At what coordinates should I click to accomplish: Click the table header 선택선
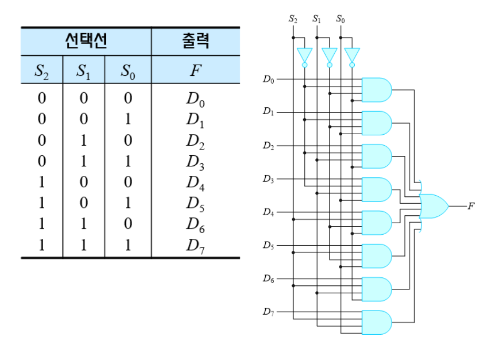86,41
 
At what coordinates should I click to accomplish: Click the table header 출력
195,41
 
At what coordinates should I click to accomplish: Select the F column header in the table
195,70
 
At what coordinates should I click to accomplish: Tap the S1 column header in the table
84,71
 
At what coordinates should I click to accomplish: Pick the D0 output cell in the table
195,99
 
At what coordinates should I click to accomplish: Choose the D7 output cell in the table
195,246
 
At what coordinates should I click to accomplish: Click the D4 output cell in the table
195,183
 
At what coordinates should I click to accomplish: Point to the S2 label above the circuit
293,19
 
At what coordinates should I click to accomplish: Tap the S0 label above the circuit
340,19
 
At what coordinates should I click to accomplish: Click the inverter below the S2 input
305,55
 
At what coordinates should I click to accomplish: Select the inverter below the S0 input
352,55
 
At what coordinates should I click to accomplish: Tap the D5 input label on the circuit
268,245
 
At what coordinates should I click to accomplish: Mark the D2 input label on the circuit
268,146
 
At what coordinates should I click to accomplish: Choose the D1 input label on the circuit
268,113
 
